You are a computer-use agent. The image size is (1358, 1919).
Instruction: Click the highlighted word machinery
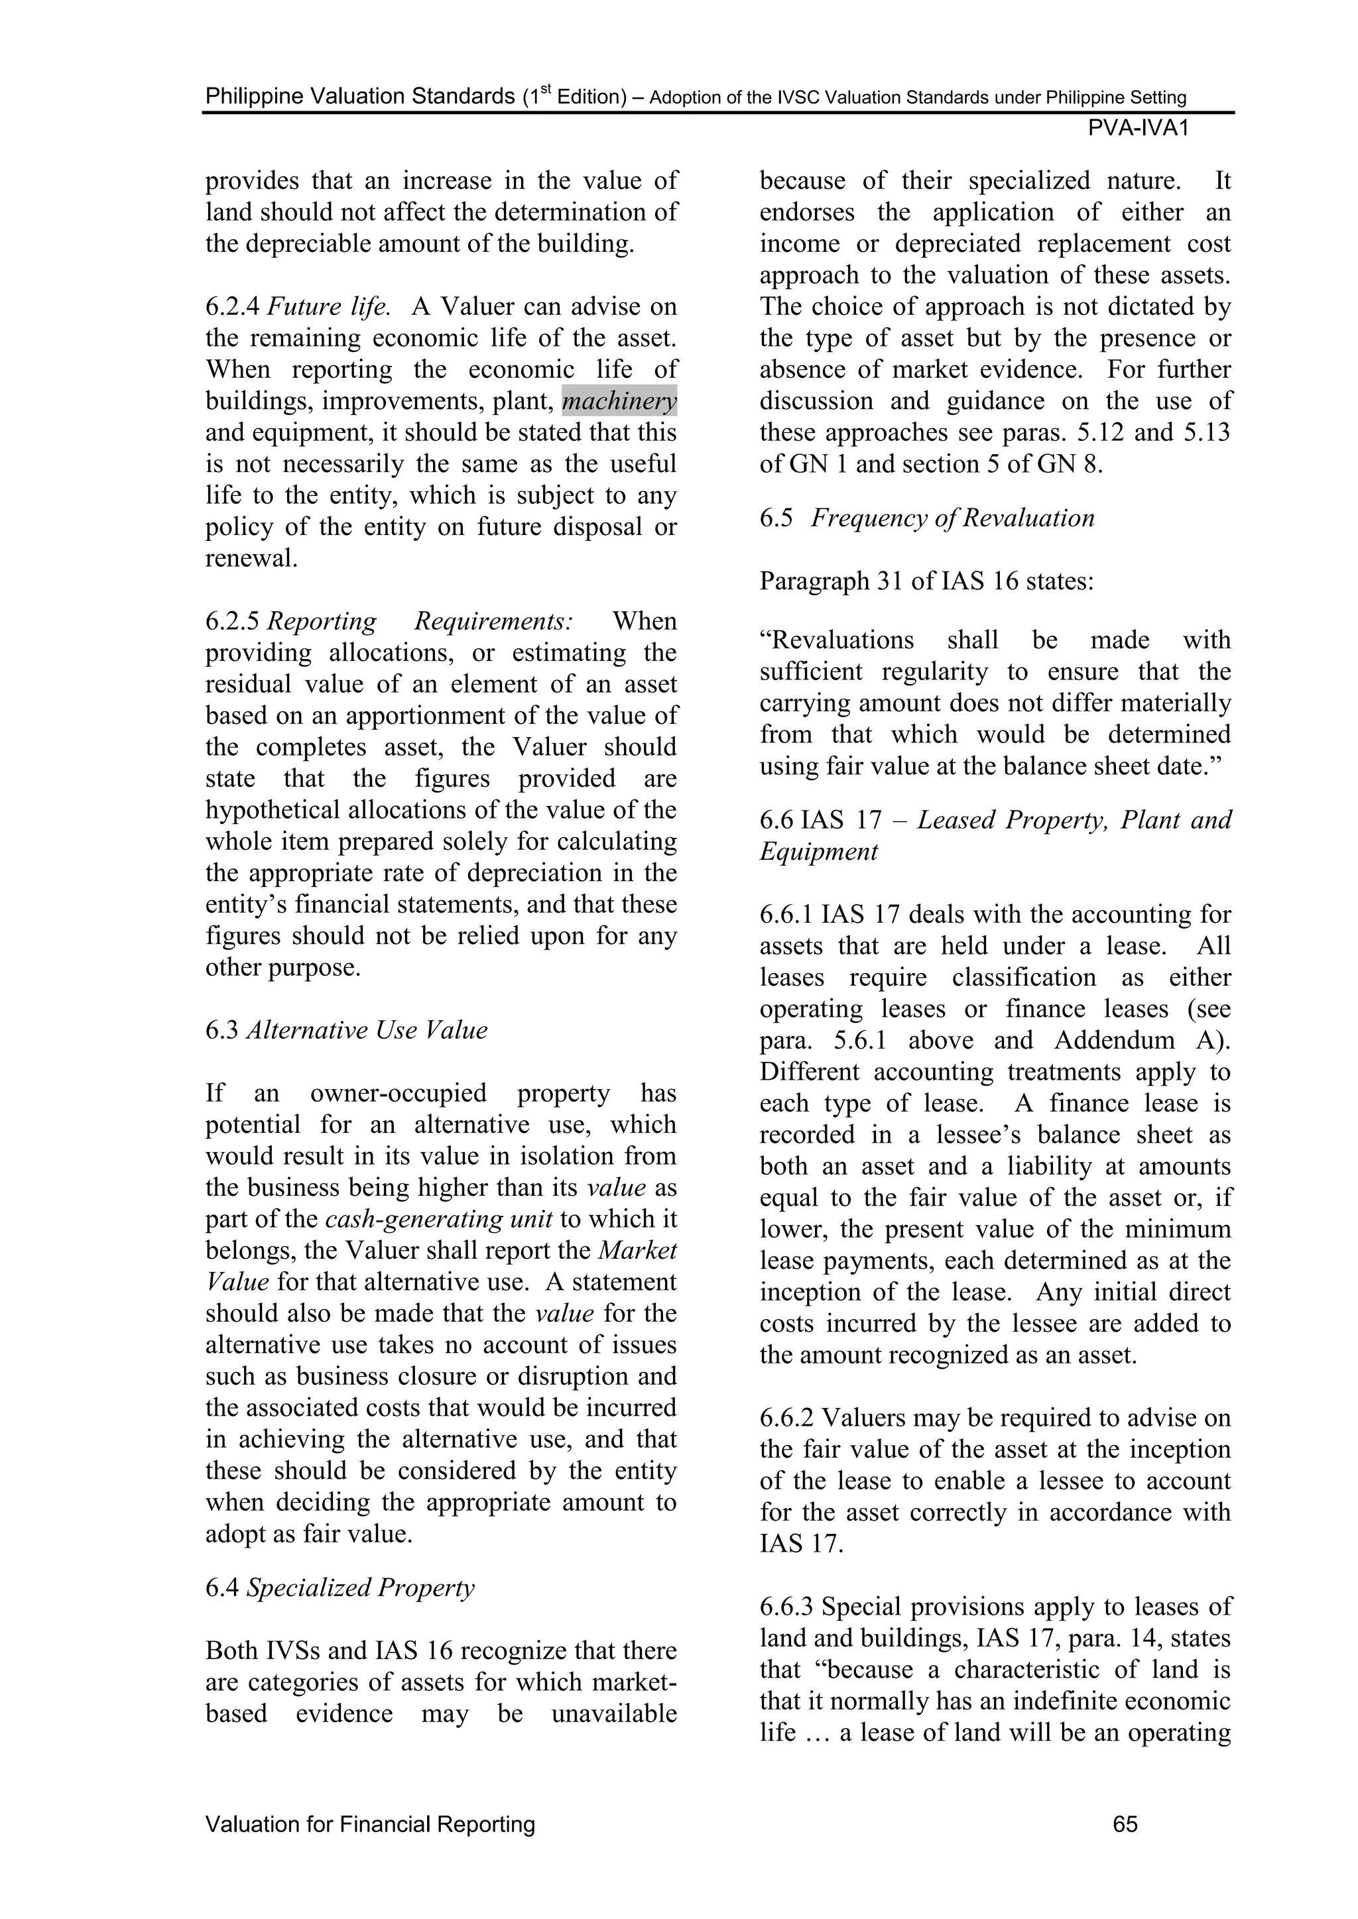619,402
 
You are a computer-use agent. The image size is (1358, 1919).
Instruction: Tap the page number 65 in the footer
1125,1824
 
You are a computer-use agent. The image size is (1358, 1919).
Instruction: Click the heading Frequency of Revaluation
952,518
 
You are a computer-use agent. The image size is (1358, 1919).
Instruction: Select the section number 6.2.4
233,308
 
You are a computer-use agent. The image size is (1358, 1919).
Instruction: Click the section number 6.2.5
233,622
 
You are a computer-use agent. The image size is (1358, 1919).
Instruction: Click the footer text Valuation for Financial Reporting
369,1824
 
